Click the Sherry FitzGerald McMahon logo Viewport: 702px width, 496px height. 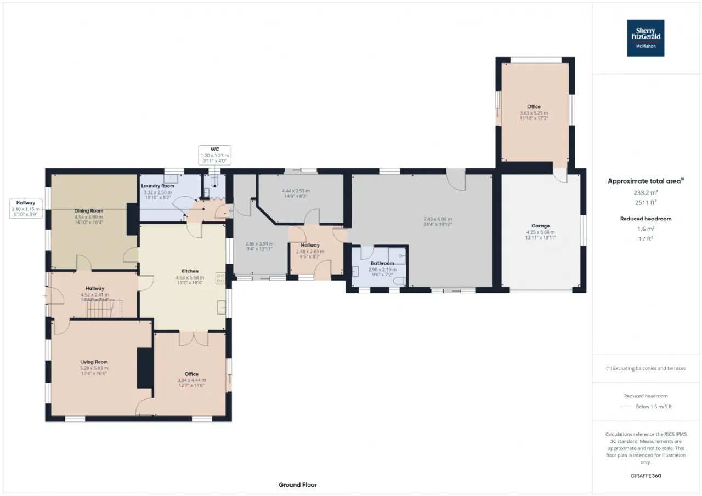point(646,38)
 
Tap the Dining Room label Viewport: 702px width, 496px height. point(89,210)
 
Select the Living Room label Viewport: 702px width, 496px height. point(94,362)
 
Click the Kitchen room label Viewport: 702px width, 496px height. point(190,271)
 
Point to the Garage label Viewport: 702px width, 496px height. point(540,226)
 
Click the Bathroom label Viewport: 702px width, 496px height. point(381,264)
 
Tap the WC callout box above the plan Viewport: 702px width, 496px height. point(214,155)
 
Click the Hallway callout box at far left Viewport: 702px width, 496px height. point(25,208)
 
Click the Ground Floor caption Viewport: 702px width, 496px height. point(297,484)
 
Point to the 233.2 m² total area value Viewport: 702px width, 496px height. point(645,193)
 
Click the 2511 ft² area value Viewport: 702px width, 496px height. point(645,202)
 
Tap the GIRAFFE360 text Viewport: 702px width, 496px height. point(646,476)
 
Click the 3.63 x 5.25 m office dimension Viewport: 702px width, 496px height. point(534,112)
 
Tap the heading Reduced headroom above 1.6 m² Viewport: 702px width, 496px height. point(645,218)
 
